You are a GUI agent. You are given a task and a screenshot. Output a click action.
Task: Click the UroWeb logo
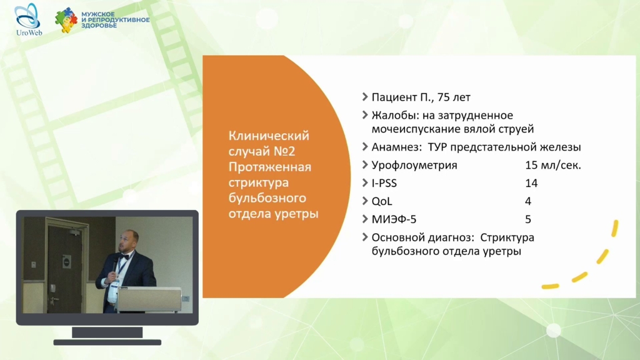[x=28, y=20]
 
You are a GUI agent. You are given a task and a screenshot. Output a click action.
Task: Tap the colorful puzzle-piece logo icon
[x=66, y=20]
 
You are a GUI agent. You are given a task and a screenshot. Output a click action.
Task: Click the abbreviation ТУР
[x=437, y=147]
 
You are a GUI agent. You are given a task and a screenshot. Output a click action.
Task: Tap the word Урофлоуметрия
[x=414, y=165]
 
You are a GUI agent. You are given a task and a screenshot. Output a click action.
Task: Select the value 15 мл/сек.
[x=553, y=165]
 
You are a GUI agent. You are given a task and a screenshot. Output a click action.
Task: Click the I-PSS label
[x=384, y=183]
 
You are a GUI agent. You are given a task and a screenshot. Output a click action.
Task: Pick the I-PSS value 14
[x=531, y=183]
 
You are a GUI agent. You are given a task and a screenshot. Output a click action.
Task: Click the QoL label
[x=382, y=201]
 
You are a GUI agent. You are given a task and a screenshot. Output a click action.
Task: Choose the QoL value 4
[x=528, y=201]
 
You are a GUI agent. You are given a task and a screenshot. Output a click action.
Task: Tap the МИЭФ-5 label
[x=394, y=219]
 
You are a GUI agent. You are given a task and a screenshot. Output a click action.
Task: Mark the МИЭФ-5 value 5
[x=528, y=219]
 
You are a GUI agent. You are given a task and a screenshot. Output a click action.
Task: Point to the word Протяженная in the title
[x=270, y=167]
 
